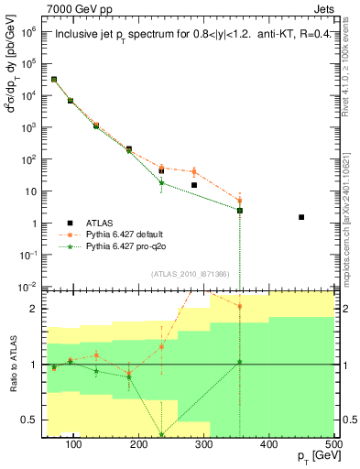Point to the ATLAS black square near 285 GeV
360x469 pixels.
point(194,185)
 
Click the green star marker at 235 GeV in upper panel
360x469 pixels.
point(162,182)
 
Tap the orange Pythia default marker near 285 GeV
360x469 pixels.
point(194,171)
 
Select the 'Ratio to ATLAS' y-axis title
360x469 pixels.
point(13,365)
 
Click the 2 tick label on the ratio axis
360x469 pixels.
point(38,308)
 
